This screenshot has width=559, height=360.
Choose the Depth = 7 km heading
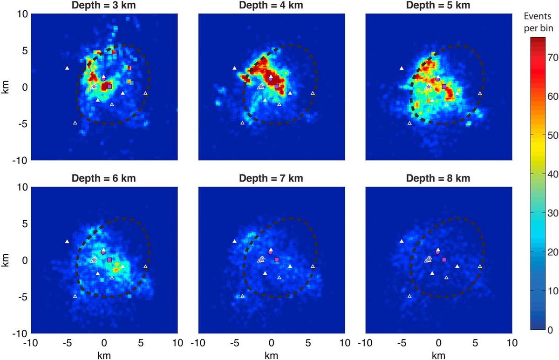click(x=271, y=178)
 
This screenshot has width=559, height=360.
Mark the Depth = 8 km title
click(x=438, y=178)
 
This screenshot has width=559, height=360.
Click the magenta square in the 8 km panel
click(x=443, y=259)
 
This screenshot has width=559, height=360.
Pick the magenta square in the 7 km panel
click(x=277, y=259)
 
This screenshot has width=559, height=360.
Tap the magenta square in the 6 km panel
click(x=109, y=259)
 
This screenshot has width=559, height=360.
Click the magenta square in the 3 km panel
click(x=109, y=86)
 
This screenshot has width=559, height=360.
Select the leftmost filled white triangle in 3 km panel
click(x=67, y=68)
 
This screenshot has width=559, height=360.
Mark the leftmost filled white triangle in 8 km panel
click(x=402, y=241)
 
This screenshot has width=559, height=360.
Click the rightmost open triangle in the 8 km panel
click(x=480, y=266)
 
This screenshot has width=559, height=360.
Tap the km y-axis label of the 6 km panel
click(x=6, y=260)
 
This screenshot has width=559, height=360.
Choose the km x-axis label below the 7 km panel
click(x=271, y=355)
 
